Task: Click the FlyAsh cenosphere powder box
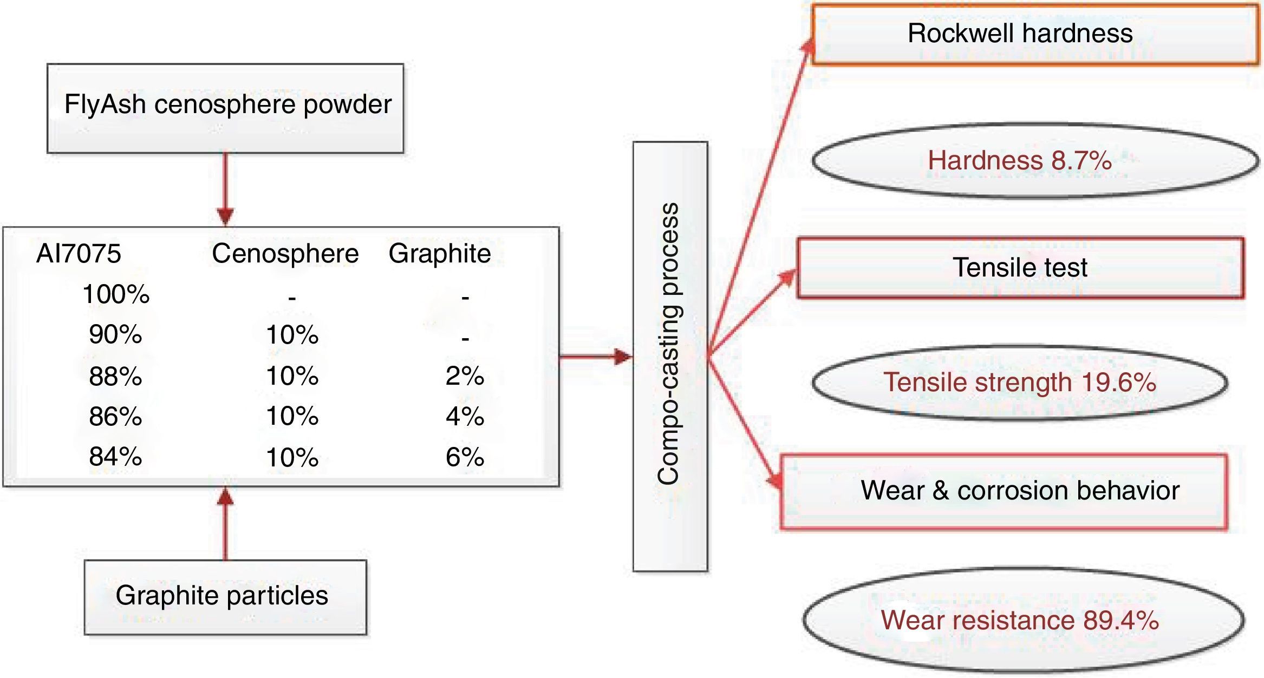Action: coord(225,108)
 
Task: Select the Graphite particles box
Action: coord(225,596)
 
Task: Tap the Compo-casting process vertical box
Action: coord(670,356)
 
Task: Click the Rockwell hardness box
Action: coord(1034,34)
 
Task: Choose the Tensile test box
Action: coord(1020,268)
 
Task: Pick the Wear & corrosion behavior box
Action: coord(1004,491)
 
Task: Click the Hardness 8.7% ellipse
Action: coord(1034,161)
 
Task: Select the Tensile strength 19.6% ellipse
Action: coord(1020,383)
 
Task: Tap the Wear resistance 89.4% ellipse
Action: coord(1022,620)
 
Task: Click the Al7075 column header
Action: coord(79,254)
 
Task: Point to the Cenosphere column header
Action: coord(285,254)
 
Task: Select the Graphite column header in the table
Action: coord(439,254)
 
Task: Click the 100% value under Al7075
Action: coord(115,295)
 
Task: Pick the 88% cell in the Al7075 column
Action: coord(115,376)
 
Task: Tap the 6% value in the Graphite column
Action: coord(465,457)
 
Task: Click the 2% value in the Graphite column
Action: coord(465,376)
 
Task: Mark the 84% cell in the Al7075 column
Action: coord(115,457)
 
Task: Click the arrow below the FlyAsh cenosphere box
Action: coord(225,189)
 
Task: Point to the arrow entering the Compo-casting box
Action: coord(596,357)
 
